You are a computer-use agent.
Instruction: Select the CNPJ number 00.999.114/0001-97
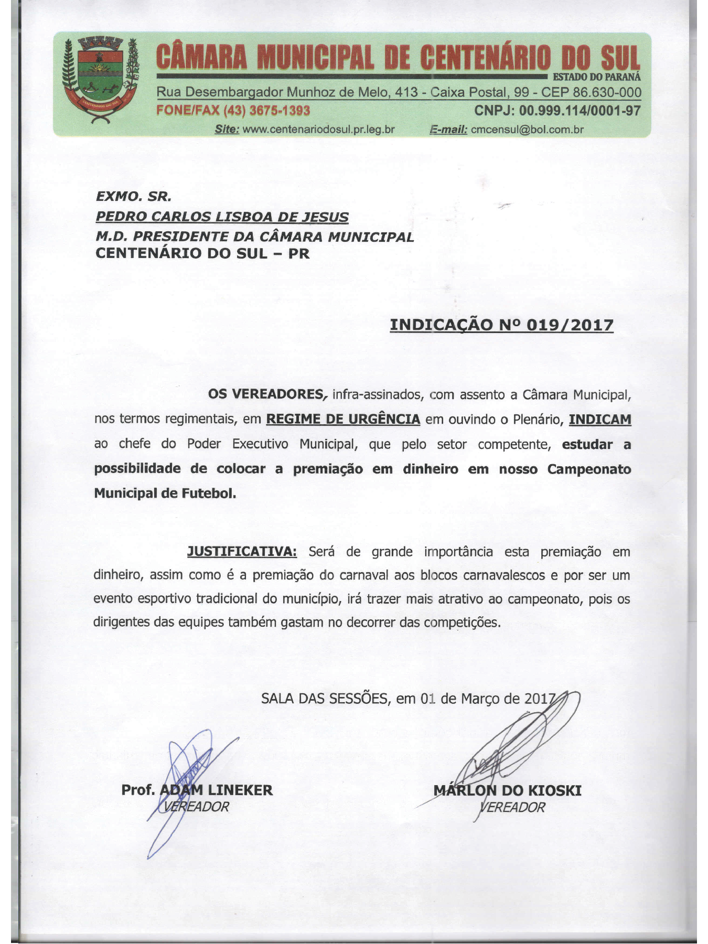[x=580, y=111]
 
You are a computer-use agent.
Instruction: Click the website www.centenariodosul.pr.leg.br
[x=318, y=130]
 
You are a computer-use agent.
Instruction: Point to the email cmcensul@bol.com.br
[x=527, y=130]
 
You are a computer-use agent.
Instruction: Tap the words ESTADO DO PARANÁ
[x=597, y=78]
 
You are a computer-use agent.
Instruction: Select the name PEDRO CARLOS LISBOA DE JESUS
[x=222, y=217]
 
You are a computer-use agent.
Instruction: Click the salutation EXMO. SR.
[x=134, y=197]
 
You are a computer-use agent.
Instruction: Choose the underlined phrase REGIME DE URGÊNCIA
[x=343, y=419]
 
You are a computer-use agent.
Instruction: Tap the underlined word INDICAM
[x=600, y=419]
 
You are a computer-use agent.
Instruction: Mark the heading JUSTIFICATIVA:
[x=242, y=551]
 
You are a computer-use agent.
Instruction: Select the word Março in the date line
[x=480, y=699]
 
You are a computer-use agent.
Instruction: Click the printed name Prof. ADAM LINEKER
[x=197, y=790]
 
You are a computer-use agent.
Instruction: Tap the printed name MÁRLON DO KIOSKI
[x=507, y=790]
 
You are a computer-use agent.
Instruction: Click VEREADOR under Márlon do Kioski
[x=512, y=807]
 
